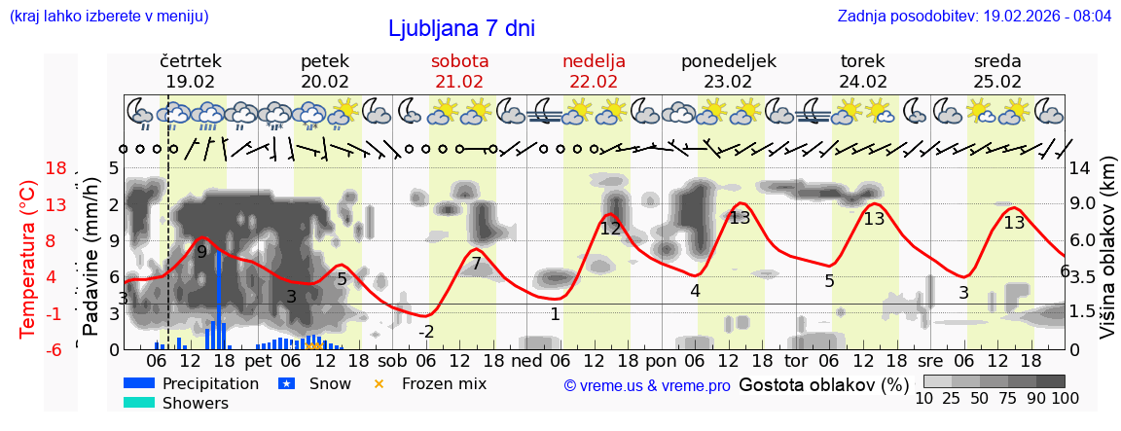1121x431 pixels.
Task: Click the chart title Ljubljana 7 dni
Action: [461, 28]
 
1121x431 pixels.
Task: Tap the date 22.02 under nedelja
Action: [594, 82]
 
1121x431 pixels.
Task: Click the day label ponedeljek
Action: [728, 61]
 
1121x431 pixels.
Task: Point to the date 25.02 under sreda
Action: [997, 82]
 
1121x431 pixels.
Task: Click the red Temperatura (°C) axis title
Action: [29, 258]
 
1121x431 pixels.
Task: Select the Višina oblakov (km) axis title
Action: [1107, 258]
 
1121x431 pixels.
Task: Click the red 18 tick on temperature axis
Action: [55, 168]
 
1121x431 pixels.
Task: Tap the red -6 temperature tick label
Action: [55, 349]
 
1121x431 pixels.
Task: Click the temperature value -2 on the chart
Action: [426, 332]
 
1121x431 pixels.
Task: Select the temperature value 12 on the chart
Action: [610, 229]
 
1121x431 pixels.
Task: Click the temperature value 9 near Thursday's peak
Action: [201, 252]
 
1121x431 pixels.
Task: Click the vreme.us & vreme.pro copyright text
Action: [646, 385]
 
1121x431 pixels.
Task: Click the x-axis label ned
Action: [526, 359]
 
